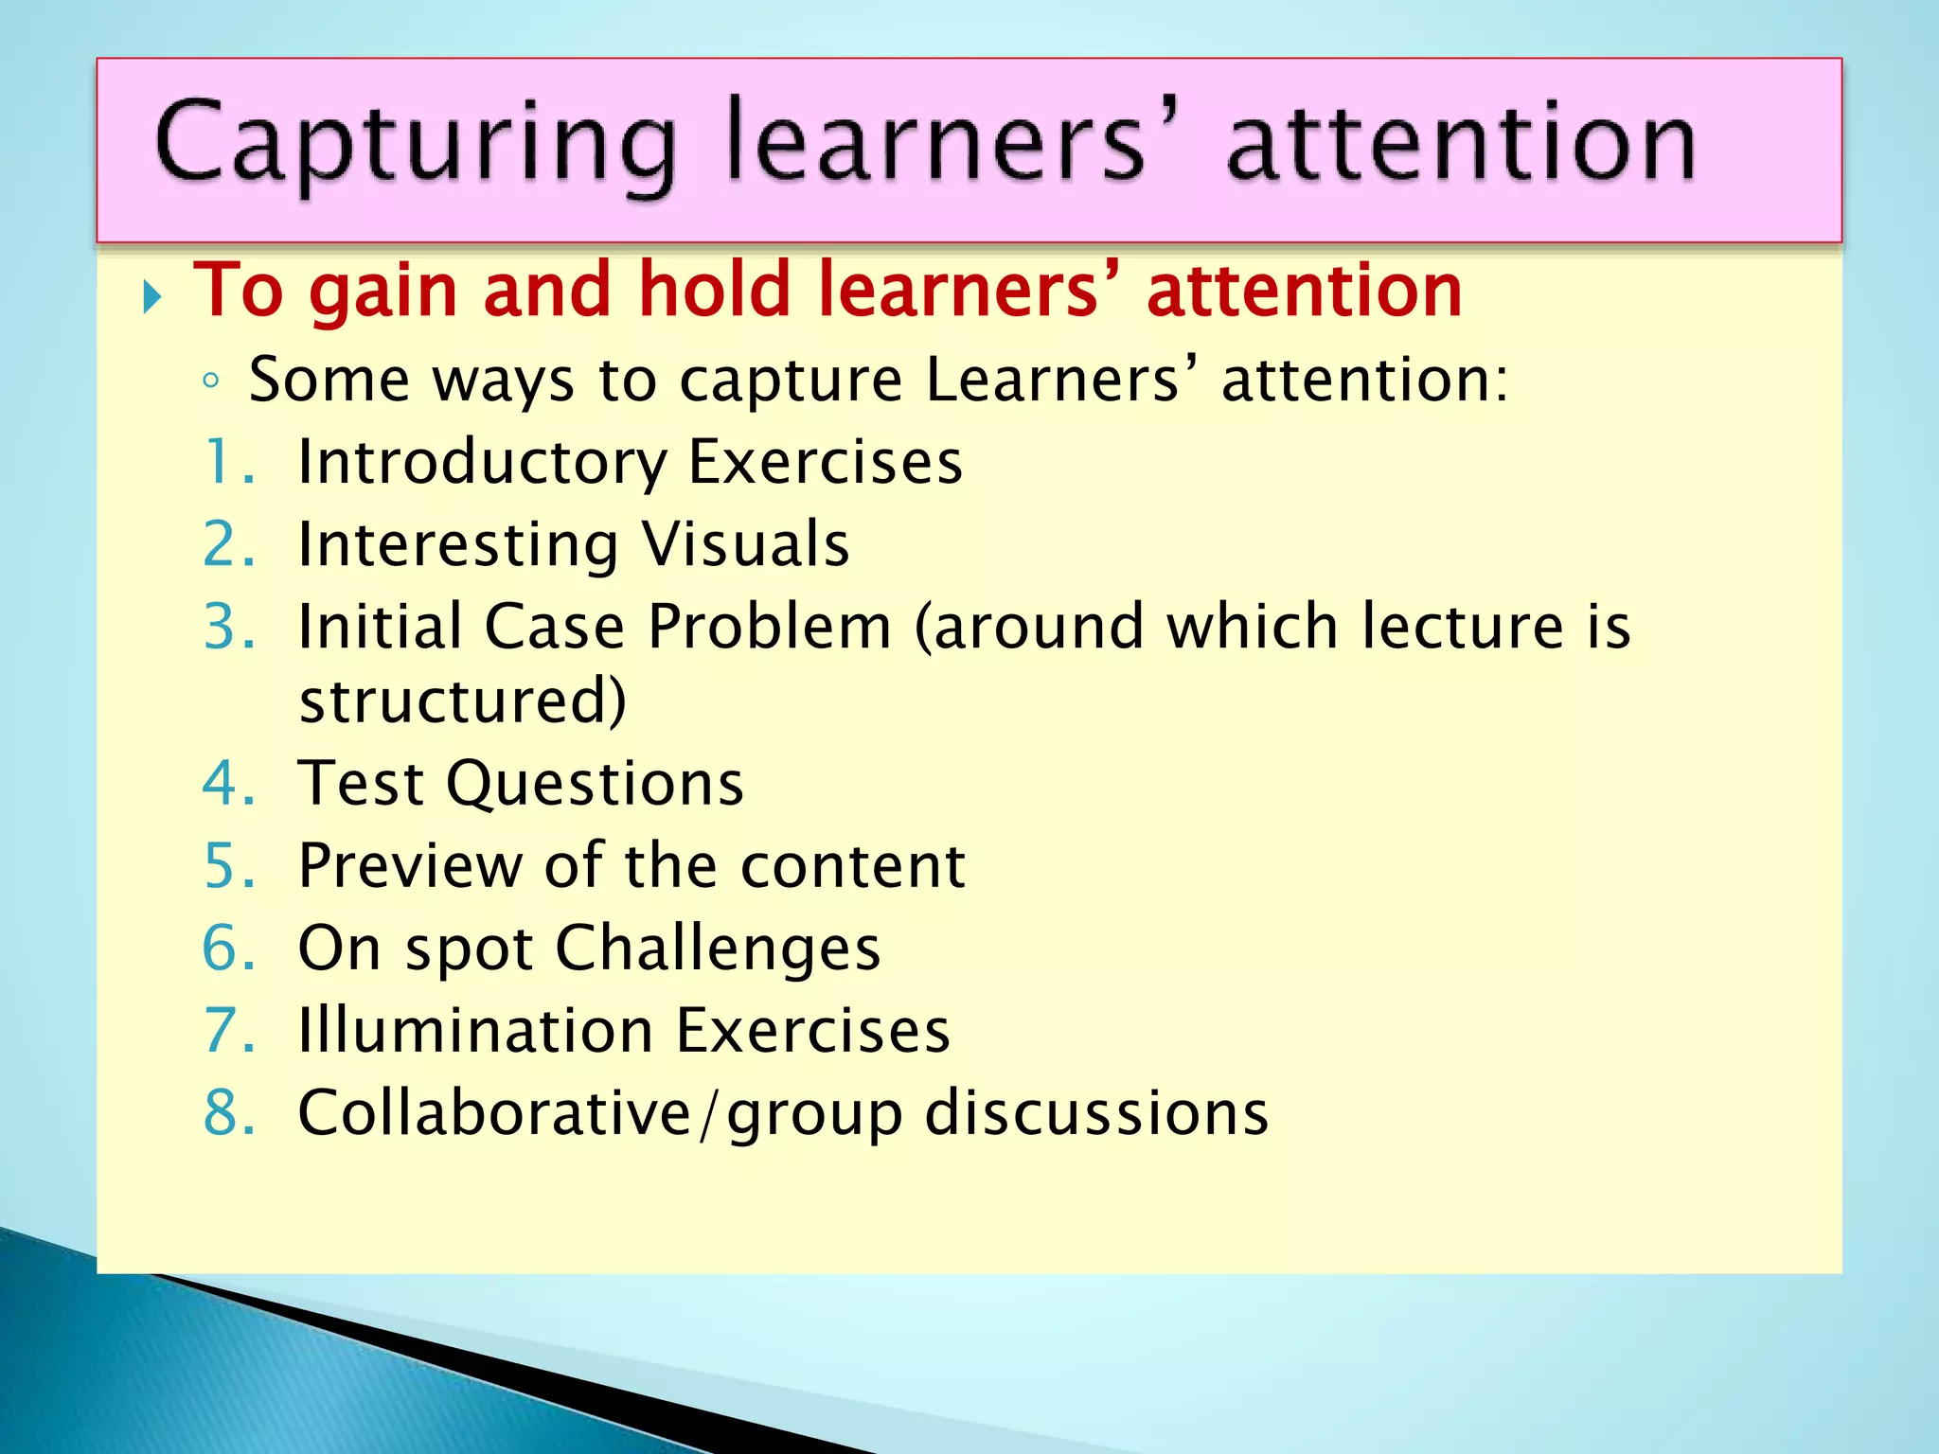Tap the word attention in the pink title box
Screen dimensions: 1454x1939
(1460, 144)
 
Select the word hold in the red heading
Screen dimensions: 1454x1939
(714, 290)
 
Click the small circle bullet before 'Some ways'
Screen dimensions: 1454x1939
(211, 381)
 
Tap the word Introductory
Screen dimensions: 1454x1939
(482, 464)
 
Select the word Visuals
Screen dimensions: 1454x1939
(746, 544)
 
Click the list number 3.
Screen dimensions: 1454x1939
(228, 627)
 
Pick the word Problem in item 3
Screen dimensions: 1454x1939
(770, 627)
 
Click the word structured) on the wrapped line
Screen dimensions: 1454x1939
(463, 700)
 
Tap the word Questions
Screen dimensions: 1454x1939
(596, 784)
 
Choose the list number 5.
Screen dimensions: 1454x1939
(228, 866)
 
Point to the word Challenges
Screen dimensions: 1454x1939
(718, 949)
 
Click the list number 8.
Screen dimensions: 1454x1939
(228, 1112)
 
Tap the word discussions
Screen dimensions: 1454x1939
(1096, 1112)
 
